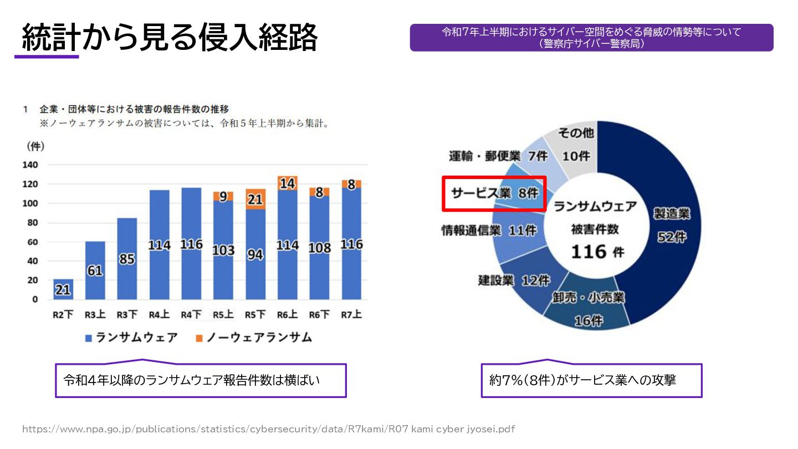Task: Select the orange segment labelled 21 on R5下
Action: tap(255, 199)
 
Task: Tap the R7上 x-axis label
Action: tap(351, 315)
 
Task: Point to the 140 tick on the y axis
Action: tap(30, 165)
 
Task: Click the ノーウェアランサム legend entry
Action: tap(254, 337)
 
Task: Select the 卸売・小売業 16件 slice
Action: tap(588, 308)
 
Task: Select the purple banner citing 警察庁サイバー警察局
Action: tap(591, 38)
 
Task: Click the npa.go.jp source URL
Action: tap(269, 429)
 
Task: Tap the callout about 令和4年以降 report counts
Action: tap(201, 380)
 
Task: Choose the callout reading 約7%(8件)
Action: tap(591, 380)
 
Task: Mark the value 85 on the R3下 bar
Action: tap(127, 258)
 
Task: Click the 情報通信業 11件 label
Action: tap(488, 230)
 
